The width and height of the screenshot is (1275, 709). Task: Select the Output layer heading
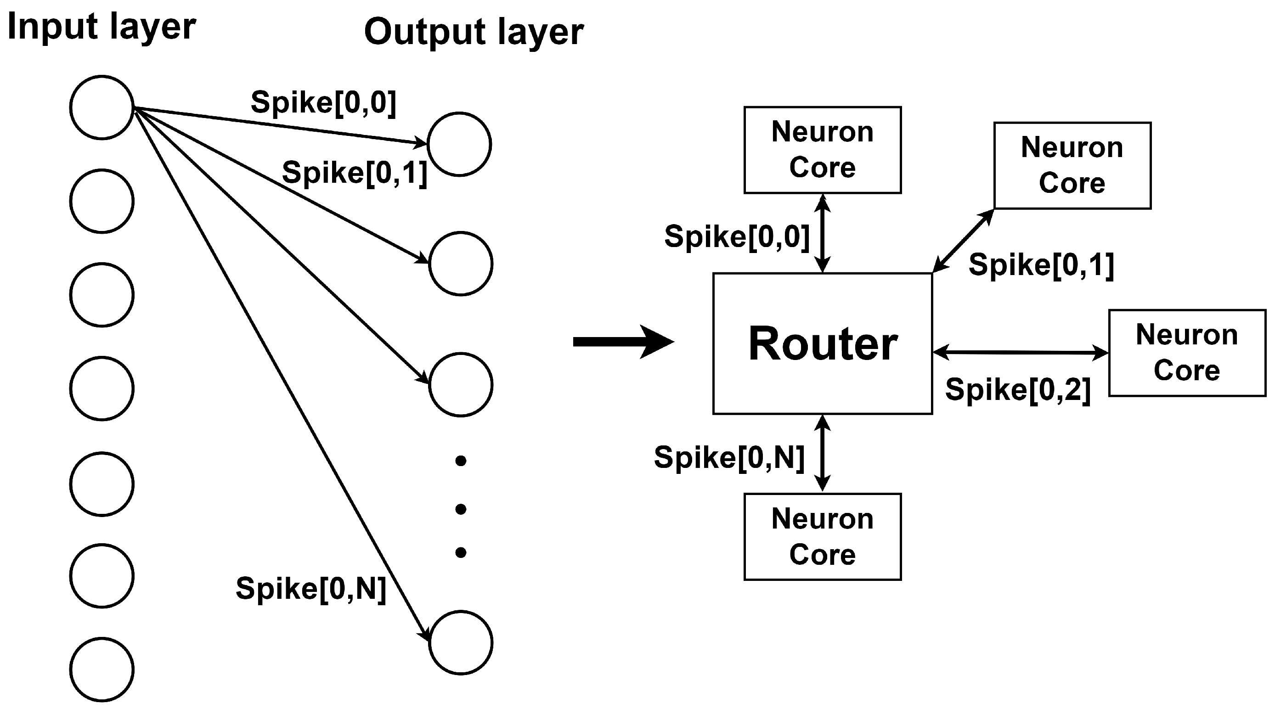click(x=474, y=32)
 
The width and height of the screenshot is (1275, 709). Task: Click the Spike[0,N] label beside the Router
click(x=729, y=457)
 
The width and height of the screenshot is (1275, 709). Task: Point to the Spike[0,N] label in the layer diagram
click(x=311, y=589)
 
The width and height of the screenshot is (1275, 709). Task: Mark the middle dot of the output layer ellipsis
click(x=460, y=509)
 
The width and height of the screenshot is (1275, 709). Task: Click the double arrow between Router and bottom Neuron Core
click(x=822, y=453)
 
